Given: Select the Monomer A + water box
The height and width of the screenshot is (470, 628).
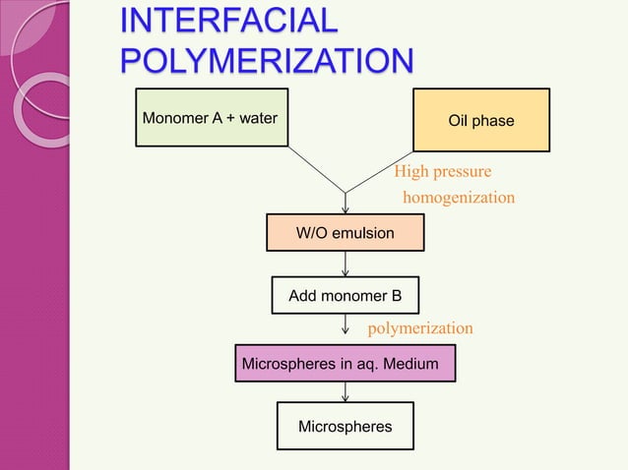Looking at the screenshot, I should click(x=211, y=119).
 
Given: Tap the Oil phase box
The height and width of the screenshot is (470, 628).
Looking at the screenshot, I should click(x=480, y=119).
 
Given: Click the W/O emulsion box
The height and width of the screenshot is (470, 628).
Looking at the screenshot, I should click(x=345, y=233).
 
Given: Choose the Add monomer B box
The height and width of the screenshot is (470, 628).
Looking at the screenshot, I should click(x=345, y=295).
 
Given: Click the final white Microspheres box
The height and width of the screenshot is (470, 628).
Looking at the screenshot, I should click(x=345, y=426).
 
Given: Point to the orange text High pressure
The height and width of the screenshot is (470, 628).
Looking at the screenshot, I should click(x=442, y=173).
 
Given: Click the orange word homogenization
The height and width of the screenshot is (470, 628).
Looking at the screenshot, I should click(x=459, y=198).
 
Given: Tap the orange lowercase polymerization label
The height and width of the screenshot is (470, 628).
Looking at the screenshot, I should click(x=419, y=327).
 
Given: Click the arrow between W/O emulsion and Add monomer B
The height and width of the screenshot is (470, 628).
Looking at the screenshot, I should click(x=345, y=263).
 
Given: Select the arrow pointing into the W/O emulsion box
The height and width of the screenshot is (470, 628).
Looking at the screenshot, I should click(x=345, y=204).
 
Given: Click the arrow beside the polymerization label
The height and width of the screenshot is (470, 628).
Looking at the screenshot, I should click(x=345, y=328).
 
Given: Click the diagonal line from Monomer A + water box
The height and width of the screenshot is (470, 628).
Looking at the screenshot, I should click(x=315, y=169).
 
